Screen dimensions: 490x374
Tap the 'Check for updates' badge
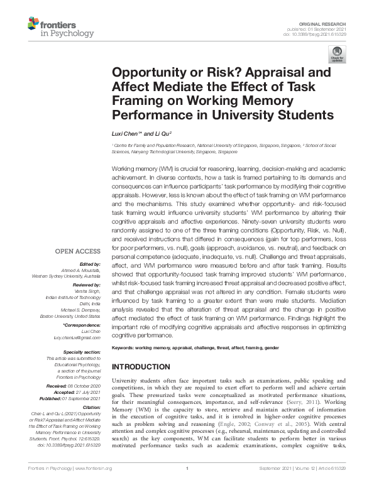[336, 55]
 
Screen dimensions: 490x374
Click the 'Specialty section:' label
[82, 352]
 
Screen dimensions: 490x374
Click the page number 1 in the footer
[187, 484]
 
